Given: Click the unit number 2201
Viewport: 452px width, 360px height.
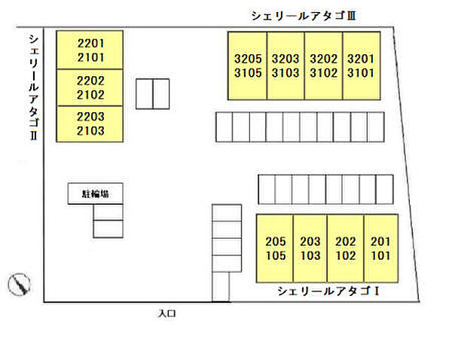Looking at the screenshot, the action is click(90, 44).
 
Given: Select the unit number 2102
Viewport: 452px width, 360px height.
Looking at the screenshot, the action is click(90, 95).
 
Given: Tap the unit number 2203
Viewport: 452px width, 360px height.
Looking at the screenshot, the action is click(90, 117).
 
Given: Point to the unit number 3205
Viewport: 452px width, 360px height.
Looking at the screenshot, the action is click(248, 59).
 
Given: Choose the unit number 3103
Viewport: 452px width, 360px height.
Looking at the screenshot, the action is click(286, 72).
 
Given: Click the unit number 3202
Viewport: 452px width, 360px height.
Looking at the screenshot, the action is click(323, 59).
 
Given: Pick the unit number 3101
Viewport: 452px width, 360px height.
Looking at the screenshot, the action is click(361, 72).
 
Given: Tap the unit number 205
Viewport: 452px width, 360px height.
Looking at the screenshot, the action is click(276, 242).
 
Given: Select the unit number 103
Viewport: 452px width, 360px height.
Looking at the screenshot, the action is click(310, 255).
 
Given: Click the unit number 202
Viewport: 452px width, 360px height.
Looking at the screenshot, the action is click(345, 242).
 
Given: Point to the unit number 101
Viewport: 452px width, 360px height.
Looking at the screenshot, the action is click(380, 255).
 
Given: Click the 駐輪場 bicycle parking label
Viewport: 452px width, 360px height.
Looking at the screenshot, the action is click(96, 194).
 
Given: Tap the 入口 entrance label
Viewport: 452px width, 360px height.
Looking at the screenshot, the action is click(167, 313).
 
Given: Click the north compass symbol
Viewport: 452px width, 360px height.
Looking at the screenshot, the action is click(20, 284).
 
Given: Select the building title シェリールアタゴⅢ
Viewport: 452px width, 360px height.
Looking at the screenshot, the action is click(304, 16).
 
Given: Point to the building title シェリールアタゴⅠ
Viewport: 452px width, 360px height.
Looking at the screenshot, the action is click(328, 291).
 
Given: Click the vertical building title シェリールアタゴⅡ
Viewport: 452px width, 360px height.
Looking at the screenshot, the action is click(34, 87).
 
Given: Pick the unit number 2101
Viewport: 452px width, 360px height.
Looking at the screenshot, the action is click(90, 57).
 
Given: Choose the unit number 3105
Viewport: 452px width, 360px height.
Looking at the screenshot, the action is click(248, 72).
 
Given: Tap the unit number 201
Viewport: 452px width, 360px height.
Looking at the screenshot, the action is click(380, 242).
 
